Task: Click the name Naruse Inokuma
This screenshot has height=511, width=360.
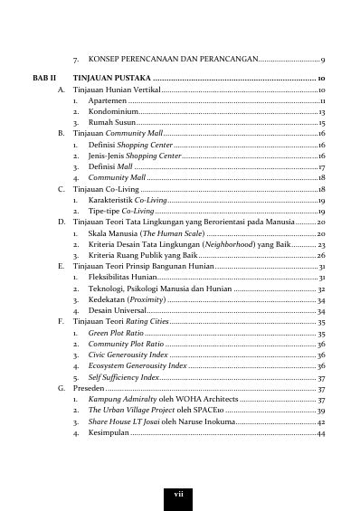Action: (x=211, y=421)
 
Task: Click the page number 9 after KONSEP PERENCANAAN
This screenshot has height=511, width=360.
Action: (x=323, y=59)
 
